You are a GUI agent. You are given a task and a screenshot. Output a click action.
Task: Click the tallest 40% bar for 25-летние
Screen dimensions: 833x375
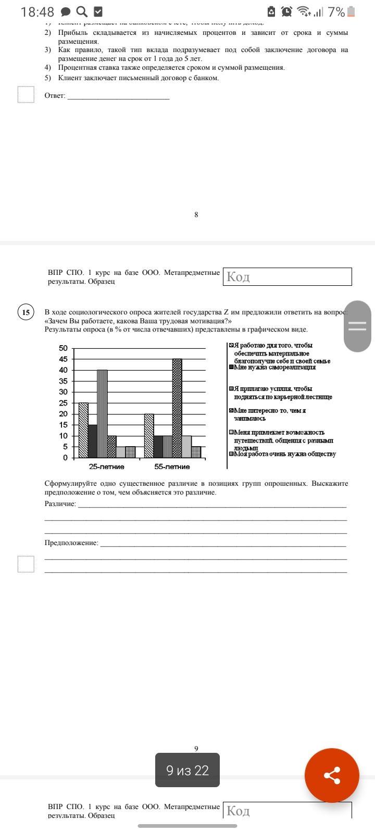(102, 413)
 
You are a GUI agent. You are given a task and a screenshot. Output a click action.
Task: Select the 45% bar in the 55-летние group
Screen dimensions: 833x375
(177, 408)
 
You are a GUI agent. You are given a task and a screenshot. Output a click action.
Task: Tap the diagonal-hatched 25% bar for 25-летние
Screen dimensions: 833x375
(83, 430)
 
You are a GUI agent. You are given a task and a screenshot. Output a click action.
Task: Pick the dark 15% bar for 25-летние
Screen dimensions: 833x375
(93, 441)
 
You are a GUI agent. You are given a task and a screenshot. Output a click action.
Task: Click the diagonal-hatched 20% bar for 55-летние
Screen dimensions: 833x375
(149, 435)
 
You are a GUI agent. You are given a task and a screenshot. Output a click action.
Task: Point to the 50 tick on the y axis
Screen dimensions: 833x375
(63, 348)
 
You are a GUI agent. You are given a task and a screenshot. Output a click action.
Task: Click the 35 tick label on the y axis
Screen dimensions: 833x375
(63, 381)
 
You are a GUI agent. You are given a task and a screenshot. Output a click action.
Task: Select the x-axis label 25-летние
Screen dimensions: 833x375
(106, 466)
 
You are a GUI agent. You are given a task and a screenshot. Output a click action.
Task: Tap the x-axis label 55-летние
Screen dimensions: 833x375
(172, 466)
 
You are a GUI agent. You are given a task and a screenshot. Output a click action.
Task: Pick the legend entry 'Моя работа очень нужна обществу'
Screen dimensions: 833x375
(284, 454)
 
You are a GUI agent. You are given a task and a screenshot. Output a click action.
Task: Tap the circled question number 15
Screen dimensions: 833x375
(26, 312)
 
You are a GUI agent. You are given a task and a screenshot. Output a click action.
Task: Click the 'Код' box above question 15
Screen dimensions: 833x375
(287, 276)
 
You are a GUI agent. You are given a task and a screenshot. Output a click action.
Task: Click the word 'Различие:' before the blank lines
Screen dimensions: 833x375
(60, 503)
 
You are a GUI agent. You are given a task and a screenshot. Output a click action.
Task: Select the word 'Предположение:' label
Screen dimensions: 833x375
(71, 542)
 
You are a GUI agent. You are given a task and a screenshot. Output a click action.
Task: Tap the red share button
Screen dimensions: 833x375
(332, 776)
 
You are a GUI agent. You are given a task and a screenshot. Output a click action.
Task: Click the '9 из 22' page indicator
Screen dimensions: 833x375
(187, 771)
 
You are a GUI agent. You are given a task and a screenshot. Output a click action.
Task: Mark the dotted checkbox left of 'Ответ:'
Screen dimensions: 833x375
(26, 95)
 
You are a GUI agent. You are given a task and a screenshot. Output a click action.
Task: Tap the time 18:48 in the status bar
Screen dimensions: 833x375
(37, 12)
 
